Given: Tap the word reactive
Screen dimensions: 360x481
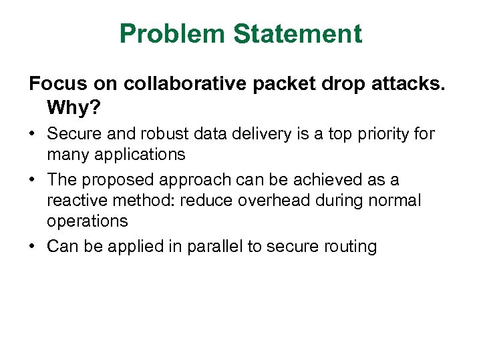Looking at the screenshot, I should pos(73,200).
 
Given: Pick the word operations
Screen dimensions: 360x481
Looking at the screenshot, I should pos(87,221).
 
